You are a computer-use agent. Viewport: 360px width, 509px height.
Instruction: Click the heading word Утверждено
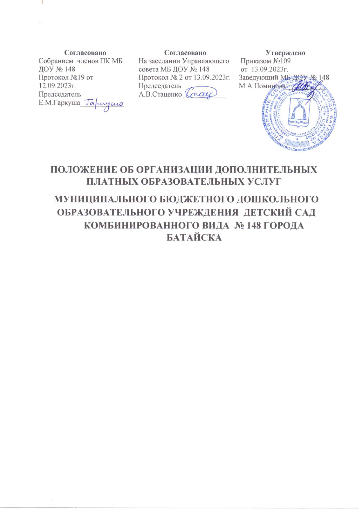click(285, 53)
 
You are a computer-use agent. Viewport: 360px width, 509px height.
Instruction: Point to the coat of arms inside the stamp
click(299, 113)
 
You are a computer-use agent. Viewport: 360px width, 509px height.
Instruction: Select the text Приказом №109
click(265, 61)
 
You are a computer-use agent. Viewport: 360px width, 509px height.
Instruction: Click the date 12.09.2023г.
click(57, 86)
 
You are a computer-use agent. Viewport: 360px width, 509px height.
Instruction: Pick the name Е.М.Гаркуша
click(59, 103)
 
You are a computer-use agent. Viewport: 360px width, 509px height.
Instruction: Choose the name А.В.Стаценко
click(160, 94)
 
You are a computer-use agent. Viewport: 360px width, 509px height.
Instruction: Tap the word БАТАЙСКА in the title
click(194, 238)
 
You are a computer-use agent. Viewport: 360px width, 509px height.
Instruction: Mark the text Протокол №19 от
click(66, 78)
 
